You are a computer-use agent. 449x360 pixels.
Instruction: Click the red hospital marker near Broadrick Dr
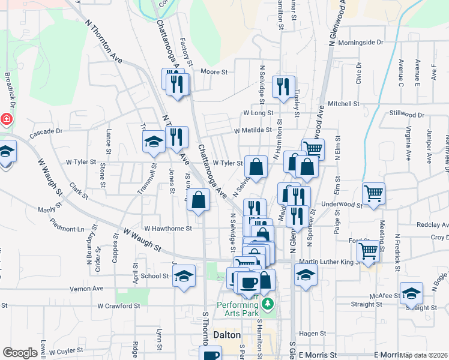pyautogui.click(x=6, y=119)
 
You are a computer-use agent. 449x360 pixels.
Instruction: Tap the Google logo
pyautogui.click(x=20, y=353)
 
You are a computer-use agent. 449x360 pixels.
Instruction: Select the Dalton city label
pyautogui.click(x=227, y=335)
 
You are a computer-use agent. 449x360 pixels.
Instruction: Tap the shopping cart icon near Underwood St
pyautogui.click(x=373, y=194)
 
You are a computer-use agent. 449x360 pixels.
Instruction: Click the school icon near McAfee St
pyautogui.click(x=412, y=293)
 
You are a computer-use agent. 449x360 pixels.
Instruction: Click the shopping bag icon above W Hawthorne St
pyautogui.click(x=199, y=200)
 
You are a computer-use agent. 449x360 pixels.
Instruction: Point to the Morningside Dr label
pyautogui.click(x=360, y=43)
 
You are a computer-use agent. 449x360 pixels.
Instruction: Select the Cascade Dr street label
pyautogui.click(x=46, y=131)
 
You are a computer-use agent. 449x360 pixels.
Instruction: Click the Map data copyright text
pyautogui.click(x=424, y=355)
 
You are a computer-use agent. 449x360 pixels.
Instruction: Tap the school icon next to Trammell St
pyautogui.click(x=154, y=142)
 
